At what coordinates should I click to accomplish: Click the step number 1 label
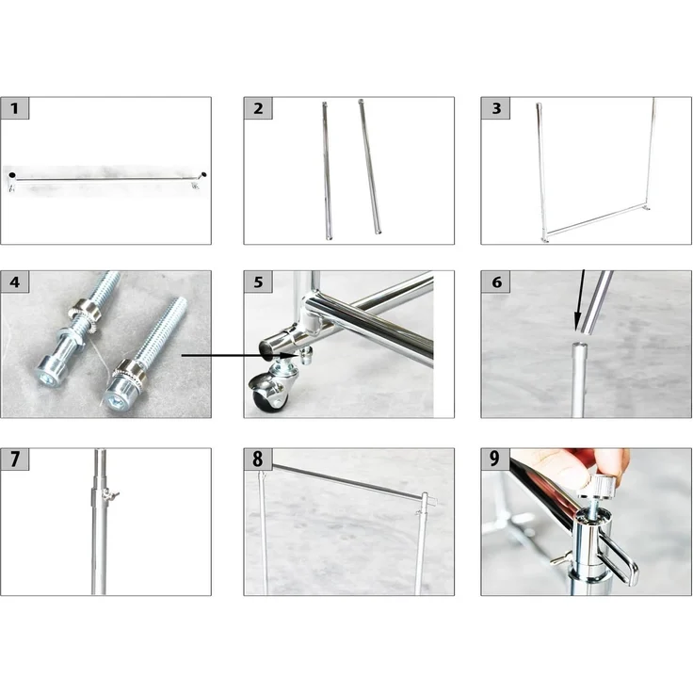pyautogui.click(x=14, y=108)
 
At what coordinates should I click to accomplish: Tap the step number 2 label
pyautogui.click(x=258, y=108)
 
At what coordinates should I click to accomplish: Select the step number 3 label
pyautogui.click(x=496, y=108)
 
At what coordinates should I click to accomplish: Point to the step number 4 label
pyautogui.click(x=14, y=282)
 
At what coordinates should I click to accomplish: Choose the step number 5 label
pyautogui.click(x=258, y=282)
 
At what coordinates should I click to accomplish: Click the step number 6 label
pyautogui.click(x=496, y=282)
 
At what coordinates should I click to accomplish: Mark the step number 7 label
pyautogui.click(x=14, y=459)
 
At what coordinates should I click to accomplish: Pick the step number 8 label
pyautogui.click(x=258, y=459)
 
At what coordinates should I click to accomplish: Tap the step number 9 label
pyautogui.click(x=496, y=459)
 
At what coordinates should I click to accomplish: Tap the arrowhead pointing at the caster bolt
pyautogui.click(x=290, y=355)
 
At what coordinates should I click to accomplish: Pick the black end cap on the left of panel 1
pyautogui.click(x=12, y=175)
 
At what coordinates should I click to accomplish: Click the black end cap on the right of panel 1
pyautogui.click(x=203, y=174)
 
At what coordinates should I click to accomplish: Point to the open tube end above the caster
pyautogui.click(x=268, y=346)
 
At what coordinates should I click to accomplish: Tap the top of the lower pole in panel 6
pyautogui.click(x=580, y=346)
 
